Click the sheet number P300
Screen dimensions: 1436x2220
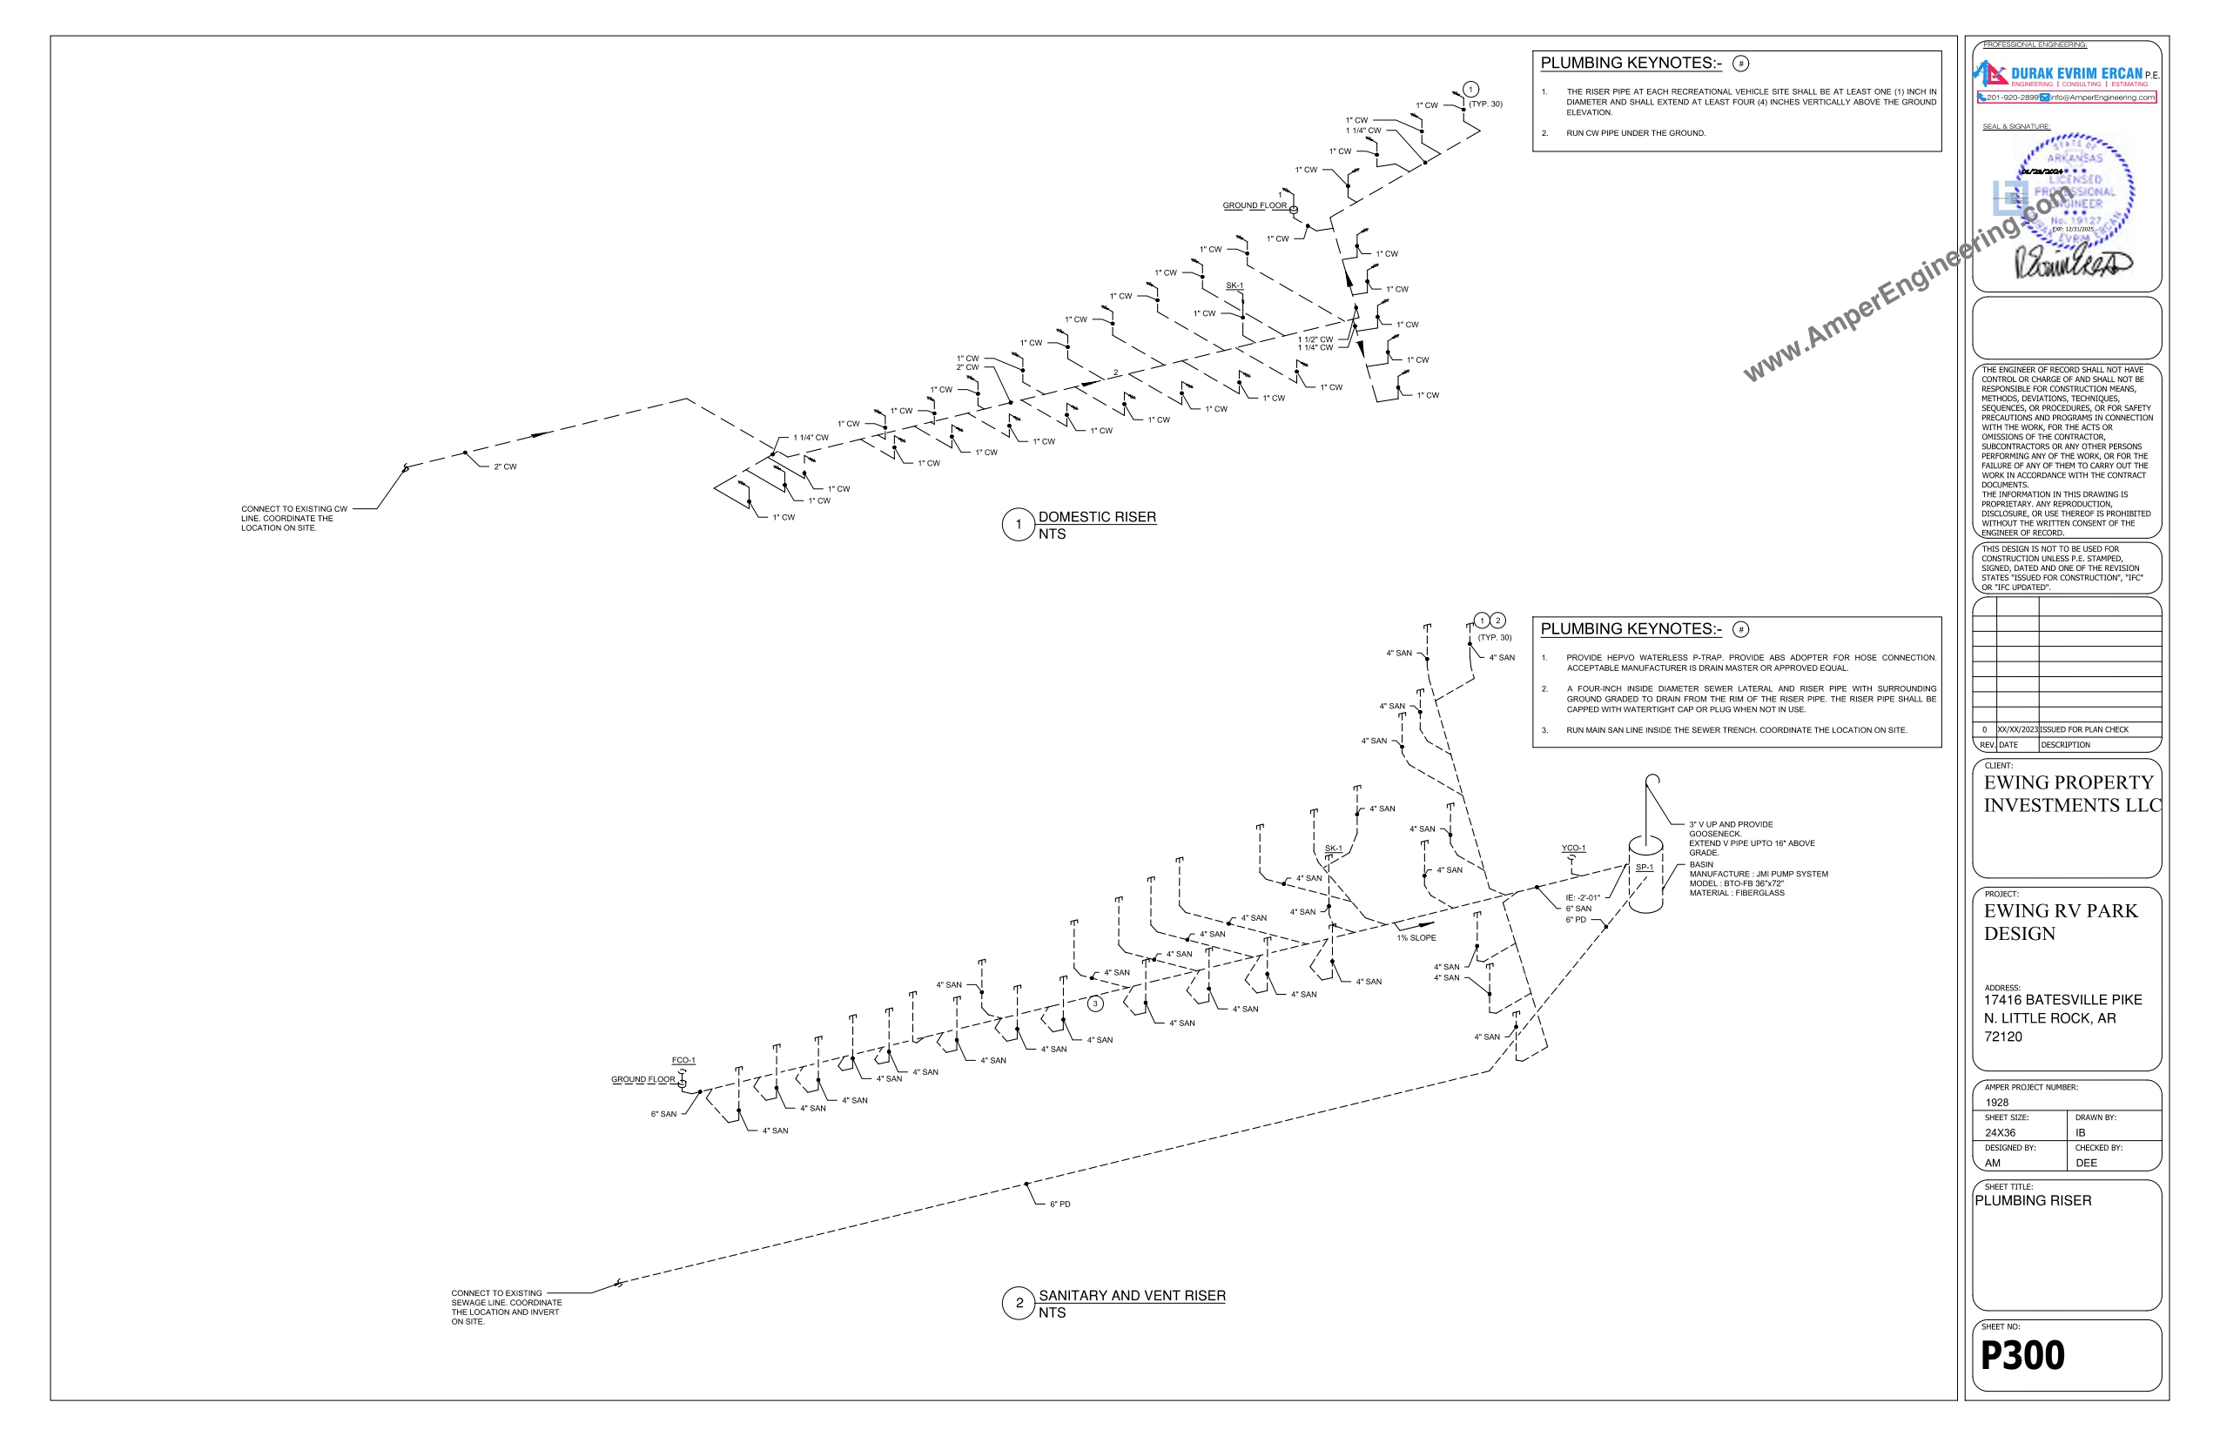pos(2022,1355)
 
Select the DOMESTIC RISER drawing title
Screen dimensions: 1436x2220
pos(1096,517)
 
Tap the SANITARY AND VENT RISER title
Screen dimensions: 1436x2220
pos(1132,1295)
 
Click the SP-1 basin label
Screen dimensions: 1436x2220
pos(1644,867)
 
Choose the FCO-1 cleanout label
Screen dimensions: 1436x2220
pos(683,1060)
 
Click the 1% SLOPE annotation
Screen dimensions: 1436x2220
pos(1416,938)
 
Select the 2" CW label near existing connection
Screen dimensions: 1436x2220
pos(505,467)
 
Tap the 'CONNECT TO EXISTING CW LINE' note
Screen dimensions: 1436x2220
pos(294,519)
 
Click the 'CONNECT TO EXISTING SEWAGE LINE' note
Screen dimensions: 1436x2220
pos(506,1307)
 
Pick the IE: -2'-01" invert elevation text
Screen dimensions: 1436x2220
pos(1582,898)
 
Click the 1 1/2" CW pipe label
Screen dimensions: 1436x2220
pos(1315,339)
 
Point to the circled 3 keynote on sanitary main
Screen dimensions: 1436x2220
pos(1095,1003)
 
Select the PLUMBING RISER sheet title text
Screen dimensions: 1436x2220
pos(2033,1201)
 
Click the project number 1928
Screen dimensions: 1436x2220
pos(1997,1102)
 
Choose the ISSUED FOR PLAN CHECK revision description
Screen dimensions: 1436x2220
pos(2084,730)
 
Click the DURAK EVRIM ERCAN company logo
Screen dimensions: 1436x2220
pos(2065,75)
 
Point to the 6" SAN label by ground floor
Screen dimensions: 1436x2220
pos(663,1114)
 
